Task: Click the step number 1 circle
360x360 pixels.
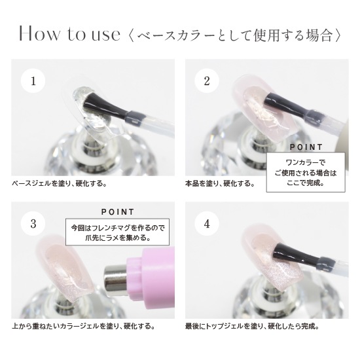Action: click(x=33, y=81)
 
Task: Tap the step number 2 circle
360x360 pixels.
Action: click(x=207, y=81)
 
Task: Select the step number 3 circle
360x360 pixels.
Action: click(x=33, y=223)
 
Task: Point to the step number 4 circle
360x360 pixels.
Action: click(x=207, y=223)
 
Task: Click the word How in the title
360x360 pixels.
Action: click(x=39, y=34)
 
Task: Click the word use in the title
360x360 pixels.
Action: click(x=106, y=35)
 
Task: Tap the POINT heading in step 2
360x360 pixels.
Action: click(x=306, y=147)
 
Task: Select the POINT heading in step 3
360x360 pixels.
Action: click(x=118, y=212)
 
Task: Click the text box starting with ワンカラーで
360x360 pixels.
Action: click(x=306, y=172)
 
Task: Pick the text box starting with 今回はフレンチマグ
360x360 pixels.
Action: click(x=117, y=232)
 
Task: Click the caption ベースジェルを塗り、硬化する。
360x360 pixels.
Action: click(x=59, y=184)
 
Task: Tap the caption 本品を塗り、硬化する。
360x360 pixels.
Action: click(x=220, y=184)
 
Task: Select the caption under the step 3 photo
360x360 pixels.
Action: click(x=83, y=326)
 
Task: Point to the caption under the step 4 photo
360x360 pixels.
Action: click(x=252, y=326)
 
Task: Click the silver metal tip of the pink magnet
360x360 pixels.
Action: click(x=115, y=280)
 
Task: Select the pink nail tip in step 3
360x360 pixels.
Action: click(x=65, y=268)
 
